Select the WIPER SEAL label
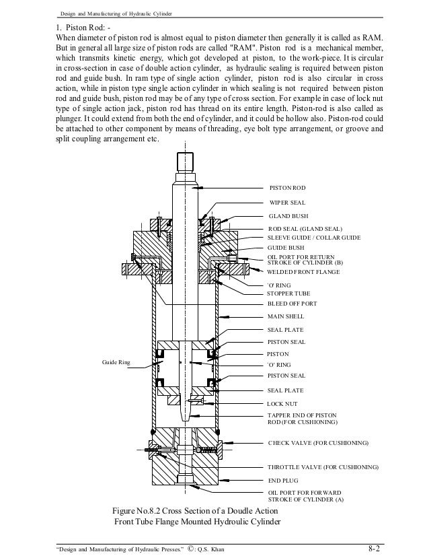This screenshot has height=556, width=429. point(287,202)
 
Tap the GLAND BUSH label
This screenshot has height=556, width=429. point(288,216)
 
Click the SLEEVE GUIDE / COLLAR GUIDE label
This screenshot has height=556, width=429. point(314,238)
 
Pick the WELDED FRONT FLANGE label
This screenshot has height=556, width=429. point(303,272)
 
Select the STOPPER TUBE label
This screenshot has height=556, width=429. point(289,293)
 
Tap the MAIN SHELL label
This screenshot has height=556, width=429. point(286,316)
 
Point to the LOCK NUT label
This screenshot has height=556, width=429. point(282,404)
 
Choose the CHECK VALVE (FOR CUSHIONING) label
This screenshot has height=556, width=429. point(318,444)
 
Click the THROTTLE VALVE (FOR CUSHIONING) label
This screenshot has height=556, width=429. point(323,466)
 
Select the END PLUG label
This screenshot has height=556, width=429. point(282,481)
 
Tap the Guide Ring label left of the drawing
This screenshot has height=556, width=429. point(116,362)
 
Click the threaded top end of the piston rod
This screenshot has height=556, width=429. point(185,162)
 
